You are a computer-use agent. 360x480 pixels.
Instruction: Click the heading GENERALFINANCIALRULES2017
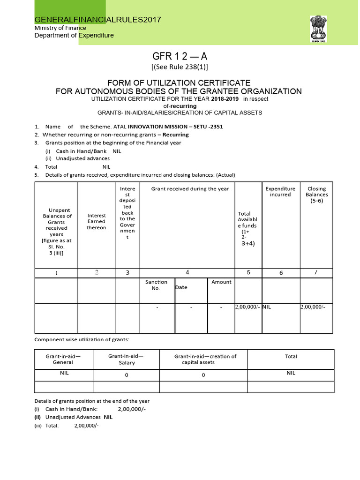tap(98, 20)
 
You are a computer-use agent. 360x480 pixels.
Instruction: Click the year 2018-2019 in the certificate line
tap(224, 99)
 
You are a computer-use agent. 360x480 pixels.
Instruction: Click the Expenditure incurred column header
tap(280, 191)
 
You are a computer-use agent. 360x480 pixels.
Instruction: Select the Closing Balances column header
tap(316, 195)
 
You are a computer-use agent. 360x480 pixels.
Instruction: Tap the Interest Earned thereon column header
tap(96, 221)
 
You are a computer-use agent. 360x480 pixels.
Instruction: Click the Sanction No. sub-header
tap(156, 285)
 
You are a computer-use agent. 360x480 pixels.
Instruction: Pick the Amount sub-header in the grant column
tap(221, 282)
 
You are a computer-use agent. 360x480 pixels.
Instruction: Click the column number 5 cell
tap(248, 272)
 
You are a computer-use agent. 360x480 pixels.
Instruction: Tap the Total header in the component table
tap(291, 356)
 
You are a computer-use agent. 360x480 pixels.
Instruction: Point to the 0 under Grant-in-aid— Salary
tap(127, 375)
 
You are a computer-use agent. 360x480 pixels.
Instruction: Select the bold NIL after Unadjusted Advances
tap(108, 417)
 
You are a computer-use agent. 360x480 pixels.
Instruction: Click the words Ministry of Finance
tap(60, 28)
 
